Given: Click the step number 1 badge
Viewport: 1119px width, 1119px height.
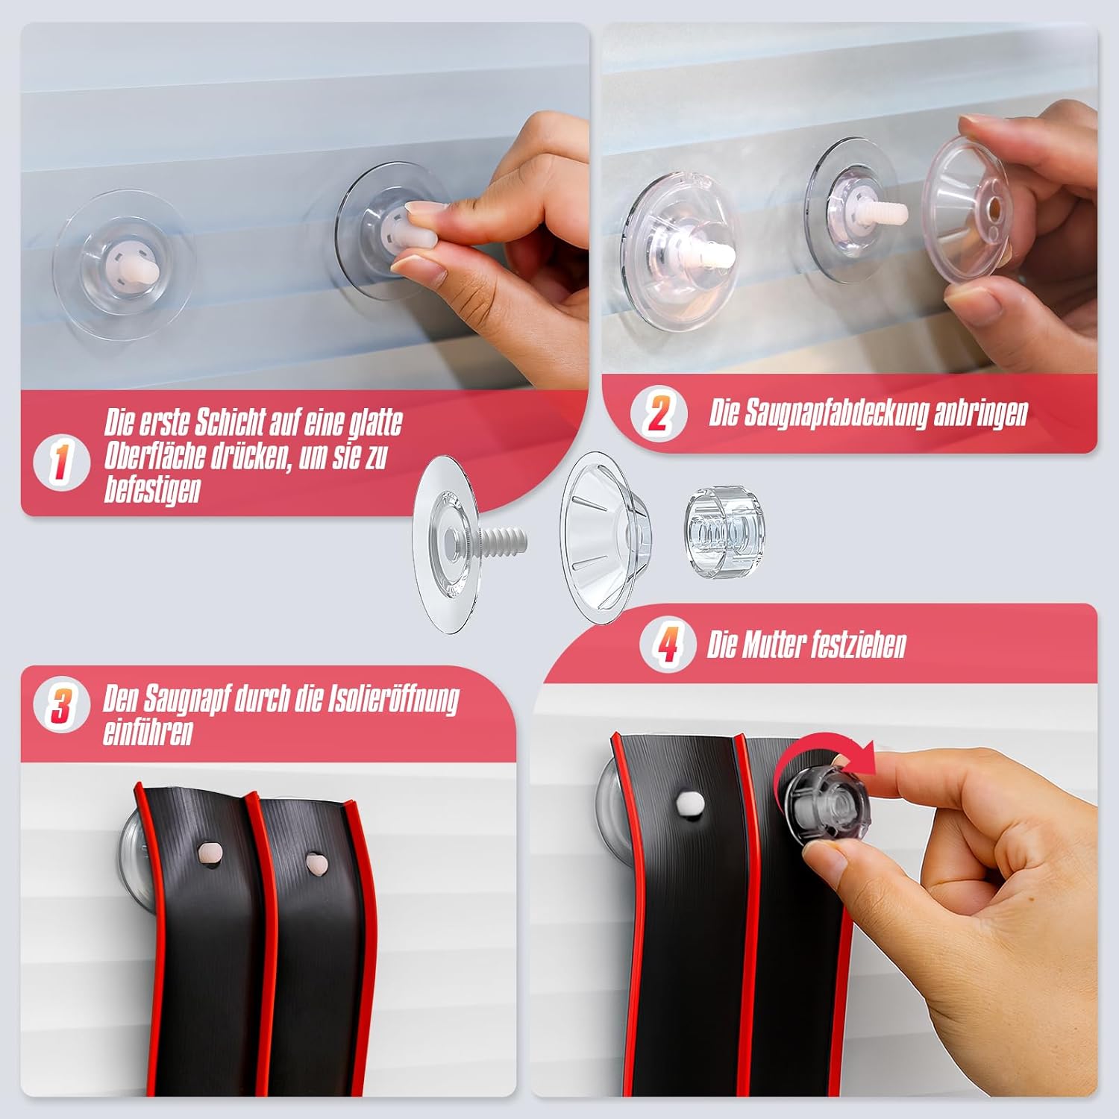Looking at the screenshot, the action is pos(61,463).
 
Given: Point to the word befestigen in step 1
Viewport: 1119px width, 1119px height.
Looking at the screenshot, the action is pos(152,490).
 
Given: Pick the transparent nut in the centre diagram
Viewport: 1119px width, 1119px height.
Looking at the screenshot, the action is pos(724,524).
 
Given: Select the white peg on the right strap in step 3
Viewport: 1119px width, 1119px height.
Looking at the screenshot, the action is pos(318,863).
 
